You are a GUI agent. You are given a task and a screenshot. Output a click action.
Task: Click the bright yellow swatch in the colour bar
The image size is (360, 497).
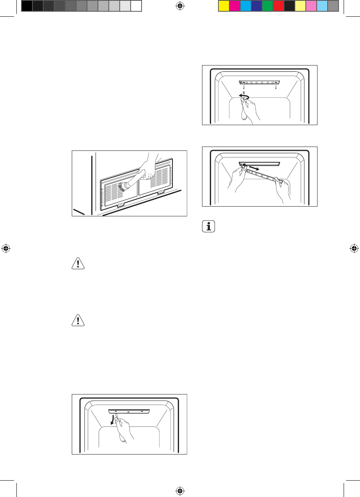[x=223, y=5]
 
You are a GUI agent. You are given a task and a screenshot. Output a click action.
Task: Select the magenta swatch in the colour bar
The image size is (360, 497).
[x=234, y=5]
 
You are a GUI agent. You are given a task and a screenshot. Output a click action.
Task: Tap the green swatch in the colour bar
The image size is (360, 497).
[x=267, y=5]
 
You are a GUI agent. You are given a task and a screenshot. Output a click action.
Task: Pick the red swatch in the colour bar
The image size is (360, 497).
[x=278, y=5]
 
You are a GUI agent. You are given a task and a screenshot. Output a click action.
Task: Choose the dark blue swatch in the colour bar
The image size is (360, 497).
[x=256, y=5]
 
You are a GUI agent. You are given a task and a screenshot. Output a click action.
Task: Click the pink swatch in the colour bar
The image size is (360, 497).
[x=311, y=5]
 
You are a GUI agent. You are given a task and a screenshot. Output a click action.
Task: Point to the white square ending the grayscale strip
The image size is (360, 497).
[x=136, y=5]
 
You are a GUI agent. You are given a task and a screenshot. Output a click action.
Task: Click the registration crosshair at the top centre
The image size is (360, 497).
[x=180, y=5]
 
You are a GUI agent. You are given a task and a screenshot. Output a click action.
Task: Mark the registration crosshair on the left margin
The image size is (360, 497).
[x=5, y=248]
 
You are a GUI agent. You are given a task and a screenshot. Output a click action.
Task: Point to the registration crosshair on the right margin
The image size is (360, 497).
[x=354, y=248]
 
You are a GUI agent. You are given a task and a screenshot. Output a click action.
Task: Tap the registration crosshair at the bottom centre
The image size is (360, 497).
[x=180, y=491]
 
